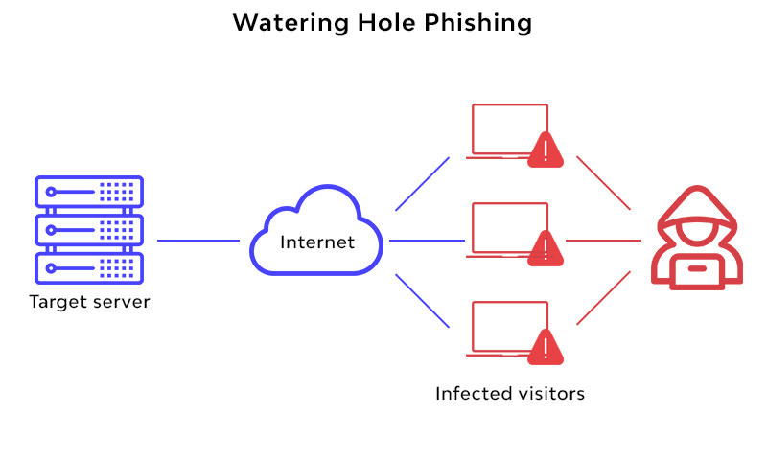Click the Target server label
(90, 303)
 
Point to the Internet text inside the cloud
(317, 241)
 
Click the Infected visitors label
(510, 393)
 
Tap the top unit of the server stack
(88, 192)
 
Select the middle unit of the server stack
(88, 229)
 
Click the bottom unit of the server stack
(88, 265)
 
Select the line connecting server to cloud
(198, 241)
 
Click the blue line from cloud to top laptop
(422, 184)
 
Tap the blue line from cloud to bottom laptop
(422, 299)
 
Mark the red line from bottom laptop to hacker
(603, 298)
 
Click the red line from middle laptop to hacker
(603, 241)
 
